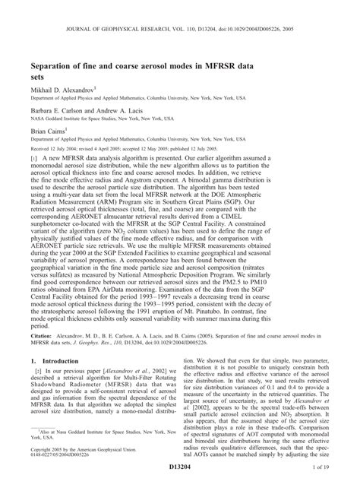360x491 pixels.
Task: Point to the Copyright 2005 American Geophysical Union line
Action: [x=87, y=472]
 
